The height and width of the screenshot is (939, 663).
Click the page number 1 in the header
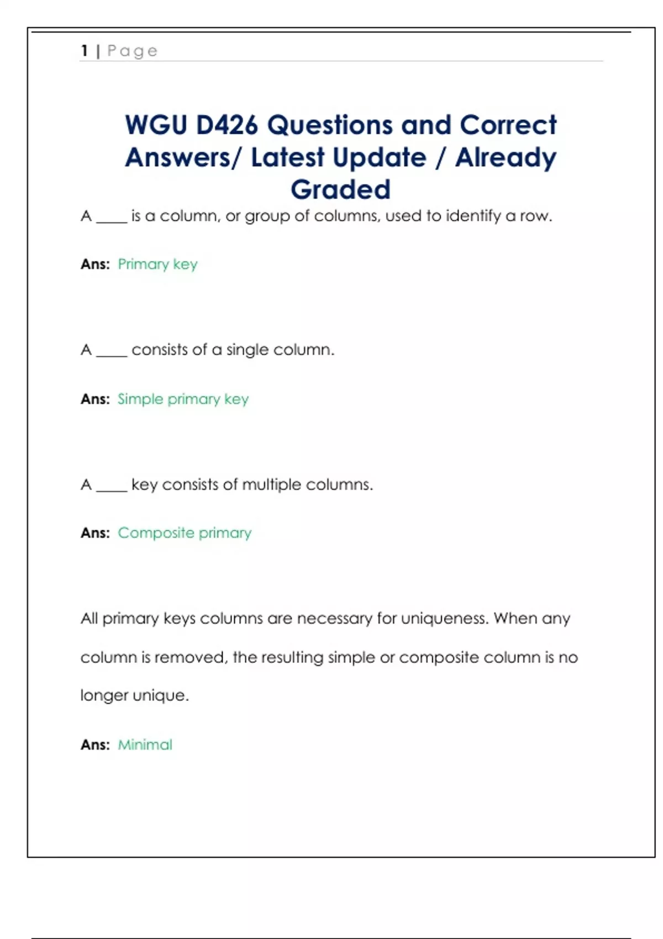click(x=85, y=51)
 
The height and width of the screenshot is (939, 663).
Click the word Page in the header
click(x=133, y=51)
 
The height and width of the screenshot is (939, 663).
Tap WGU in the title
click(x=156, y=125)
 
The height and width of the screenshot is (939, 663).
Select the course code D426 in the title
click(x=227, y=125)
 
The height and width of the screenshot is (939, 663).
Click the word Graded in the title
click(x=340, y=189)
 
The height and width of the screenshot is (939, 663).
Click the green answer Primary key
click(x=157, y=264)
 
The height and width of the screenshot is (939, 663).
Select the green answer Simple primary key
click(x=183, y=399)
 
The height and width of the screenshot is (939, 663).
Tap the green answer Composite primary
click(x=185, y=533)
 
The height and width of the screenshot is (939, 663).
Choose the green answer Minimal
click(x=145, y=745)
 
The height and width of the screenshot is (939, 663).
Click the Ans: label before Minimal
click(x=95, y=745)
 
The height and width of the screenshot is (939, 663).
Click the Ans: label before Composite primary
click(x=95, y=533)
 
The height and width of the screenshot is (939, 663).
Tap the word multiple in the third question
click(x=271, y=484)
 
